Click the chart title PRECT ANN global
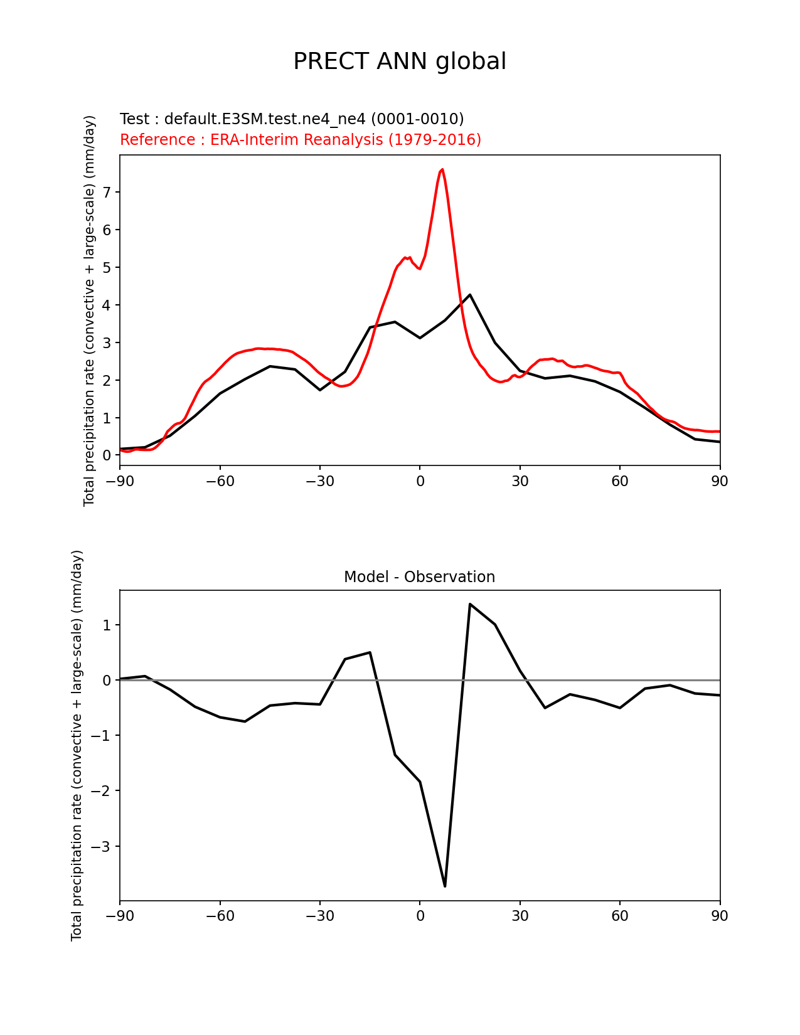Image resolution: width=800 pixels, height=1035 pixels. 400,61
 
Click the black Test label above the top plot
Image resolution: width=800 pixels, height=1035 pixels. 292,119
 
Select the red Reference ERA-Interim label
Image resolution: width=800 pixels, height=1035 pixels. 301,139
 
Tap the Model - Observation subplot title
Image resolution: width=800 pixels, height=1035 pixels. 419,577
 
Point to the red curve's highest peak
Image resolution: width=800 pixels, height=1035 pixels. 442,169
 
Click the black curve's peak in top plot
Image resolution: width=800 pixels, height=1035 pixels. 470,295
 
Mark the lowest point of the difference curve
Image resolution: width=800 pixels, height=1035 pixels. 445,886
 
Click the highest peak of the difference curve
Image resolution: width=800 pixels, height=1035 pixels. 470,604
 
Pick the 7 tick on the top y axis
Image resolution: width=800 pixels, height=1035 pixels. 107,192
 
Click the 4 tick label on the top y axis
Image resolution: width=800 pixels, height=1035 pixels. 107,305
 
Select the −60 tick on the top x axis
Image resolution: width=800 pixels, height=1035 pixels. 220,481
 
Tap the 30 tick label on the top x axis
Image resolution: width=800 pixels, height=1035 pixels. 520,481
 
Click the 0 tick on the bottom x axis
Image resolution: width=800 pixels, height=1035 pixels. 420,916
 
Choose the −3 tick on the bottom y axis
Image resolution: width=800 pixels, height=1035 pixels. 102,846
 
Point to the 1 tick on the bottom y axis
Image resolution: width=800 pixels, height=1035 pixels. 107,625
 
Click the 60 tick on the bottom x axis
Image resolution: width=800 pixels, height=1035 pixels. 620,916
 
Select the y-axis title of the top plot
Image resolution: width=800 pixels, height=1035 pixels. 90,310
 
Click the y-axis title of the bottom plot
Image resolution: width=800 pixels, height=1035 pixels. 77,745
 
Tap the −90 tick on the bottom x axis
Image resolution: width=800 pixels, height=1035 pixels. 120,916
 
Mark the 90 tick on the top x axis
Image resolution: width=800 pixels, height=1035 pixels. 720,481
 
